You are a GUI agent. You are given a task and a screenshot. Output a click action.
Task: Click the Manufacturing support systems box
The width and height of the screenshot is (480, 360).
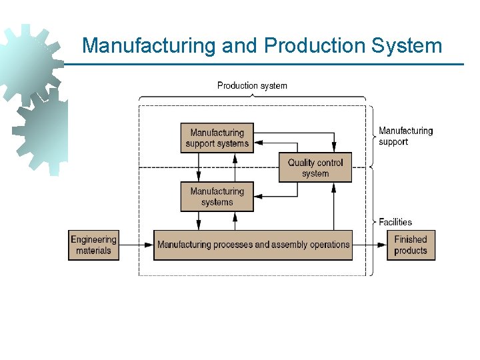(217, 138)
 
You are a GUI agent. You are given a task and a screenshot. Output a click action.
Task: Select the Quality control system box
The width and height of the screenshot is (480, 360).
(315, 167)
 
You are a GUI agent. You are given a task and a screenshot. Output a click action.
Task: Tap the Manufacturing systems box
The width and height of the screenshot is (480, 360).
(217, 197)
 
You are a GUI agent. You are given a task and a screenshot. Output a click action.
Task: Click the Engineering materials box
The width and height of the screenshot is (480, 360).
(93, 245)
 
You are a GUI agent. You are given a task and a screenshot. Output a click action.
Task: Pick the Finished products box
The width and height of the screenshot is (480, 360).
(410, 245)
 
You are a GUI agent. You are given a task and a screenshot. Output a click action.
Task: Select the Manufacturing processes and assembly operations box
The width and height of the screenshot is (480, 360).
(253, 245)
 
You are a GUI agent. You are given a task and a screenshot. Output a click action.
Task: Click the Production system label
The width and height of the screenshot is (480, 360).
(252, 85)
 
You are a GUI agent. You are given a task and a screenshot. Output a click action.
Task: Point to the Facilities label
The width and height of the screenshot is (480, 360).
(395, 222)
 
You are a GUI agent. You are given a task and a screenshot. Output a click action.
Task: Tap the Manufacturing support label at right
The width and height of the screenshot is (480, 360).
(405, 136)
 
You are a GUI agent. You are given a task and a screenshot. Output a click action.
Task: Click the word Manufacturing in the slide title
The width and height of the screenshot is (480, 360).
(149, 46)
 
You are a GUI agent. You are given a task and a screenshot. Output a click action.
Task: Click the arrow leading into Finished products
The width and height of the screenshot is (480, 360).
(369, 245)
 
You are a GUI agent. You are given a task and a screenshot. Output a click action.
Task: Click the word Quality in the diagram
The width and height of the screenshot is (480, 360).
(302, 162)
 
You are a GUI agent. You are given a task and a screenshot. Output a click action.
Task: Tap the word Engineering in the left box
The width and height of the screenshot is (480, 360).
(93, 239)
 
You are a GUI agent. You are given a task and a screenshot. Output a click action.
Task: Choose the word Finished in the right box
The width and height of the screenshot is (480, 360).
(410, 239)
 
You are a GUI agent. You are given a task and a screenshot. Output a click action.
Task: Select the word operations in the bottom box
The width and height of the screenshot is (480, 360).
(328, 245)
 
